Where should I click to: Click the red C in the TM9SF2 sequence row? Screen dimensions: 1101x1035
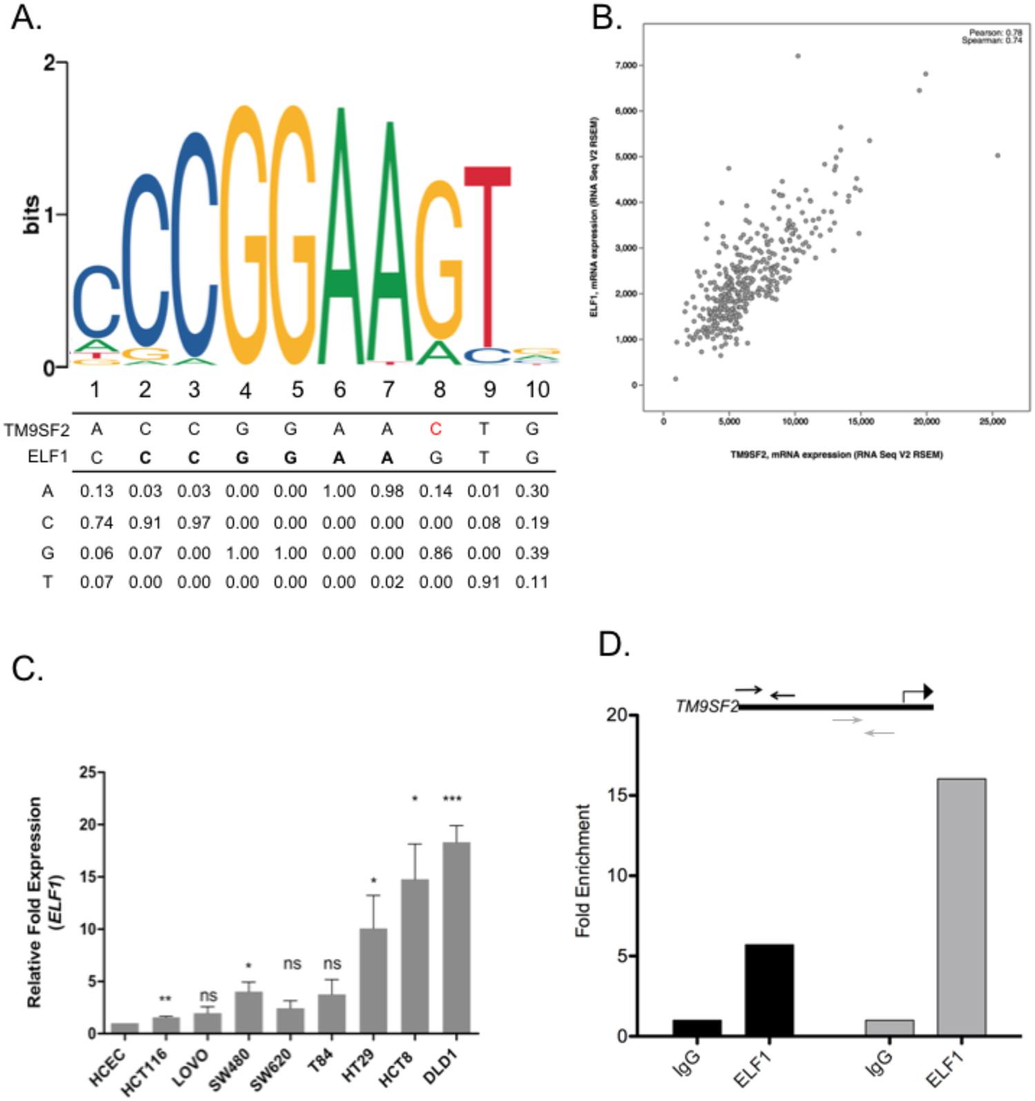pyautogui.click(x=435, y=430)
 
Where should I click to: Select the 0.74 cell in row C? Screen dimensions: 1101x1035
pyautogui.click(x=96, y=523)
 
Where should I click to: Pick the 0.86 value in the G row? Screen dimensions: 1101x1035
pyautogui.click(x=435, y=553)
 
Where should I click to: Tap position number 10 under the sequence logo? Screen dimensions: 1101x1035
pyautogui.click(x=537, y=390)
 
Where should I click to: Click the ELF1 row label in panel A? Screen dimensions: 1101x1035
pyautogui.click(x=48, y=457)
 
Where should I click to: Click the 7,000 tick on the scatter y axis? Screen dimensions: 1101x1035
pyautogui.click(x=626, y=66)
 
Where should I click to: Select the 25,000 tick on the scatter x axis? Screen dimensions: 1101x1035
pyautogui.click(x=992, y=421)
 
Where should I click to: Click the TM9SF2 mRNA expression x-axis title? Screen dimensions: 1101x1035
pyautogui.click(x=836, y=455)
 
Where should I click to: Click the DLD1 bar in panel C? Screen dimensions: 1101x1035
pyautogui.click(x=456, y=938)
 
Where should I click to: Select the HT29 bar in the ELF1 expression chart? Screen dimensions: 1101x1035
pyautogui.click(x=373, y=981)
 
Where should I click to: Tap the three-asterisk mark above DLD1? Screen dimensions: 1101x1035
pyautogui.click(x=452, y=799)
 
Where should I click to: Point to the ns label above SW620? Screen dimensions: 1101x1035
pyautogui.click(x=292, y=964)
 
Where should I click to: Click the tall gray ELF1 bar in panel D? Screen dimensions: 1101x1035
pyautogui.click(x=961, y=907)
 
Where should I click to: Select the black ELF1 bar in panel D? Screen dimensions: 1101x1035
pyautogui.click(x=769, y=990)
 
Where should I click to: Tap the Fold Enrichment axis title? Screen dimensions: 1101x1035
pyautogui.click(x=583, y=871)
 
